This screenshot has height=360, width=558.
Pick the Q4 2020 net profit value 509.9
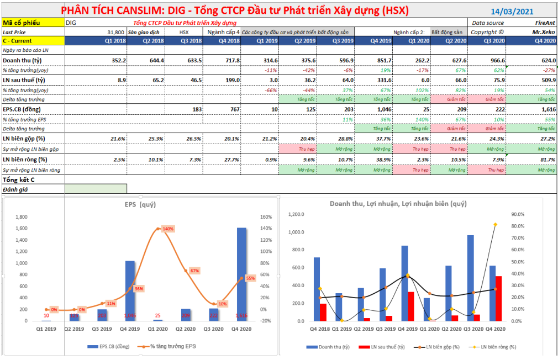coord(546,80)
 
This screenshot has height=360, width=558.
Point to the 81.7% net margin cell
coord(546,160)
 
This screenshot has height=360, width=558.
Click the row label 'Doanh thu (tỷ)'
coord(23,60)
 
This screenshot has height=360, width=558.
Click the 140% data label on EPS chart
coord(168,229)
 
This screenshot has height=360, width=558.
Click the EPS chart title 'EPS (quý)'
coord(139,204)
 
